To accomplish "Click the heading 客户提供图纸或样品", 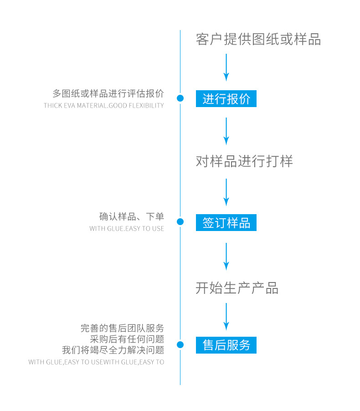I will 258,39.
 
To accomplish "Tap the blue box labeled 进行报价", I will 226,98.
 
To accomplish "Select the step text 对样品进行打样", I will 244,161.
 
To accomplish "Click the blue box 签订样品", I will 226,222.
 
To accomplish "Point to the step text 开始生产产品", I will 237,288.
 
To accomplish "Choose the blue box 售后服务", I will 226,345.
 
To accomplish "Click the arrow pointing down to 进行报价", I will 226,67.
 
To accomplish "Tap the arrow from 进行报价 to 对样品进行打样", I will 226,131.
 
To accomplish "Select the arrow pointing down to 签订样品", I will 226,192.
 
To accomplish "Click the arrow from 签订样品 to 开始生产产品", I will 226,256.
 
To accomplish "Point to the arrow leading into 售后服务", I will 226,316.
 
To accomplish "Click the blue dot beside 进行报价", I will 180,98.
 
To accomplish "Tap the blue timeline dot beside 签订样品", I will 180,222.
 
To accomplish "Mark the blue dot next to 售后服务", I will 180,345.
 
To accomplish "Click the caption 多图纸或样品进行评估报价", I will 108,94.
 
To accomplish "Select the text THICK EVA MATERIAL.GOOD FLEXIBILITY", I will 103,106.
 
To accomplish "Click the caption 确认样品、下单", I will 131,216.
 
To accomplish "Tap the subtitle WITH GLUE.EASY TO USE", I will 127,229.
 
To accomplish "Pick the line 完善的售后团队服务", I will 122,328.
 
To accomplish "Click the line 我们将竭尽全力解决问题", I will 113,350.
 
